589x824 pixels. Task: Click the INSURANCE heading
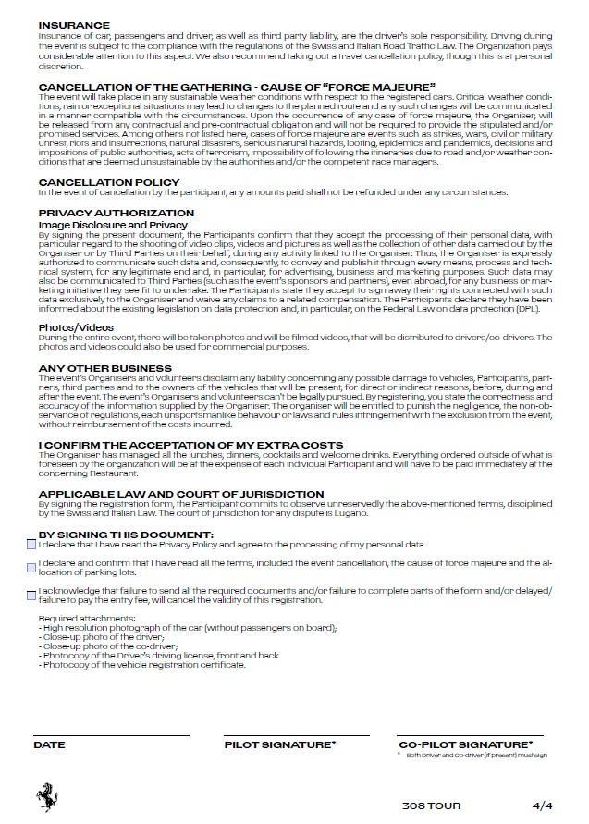tap(74, 25)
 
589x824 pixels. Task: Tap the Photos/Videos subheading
tap(76, 327)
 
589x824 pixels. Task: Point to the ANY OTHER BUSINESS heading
tap(105, 369)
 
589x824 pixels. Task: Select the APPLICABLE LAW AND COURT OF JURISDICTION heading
tap(181, 494)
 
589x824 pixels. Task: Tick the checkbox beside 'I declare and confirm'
tap(32, 563)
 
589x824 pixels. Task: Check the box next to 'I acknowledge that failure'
tap(32, 592)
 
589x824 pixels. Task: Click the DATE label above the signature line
tap(49, 744)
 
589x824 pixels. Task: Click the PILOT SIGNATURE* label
tap(280, 744)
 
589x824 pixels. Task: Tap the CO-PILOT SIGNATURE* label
tap(465, 744)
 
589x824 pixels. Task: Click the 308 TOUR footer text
tap(431, 804)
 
